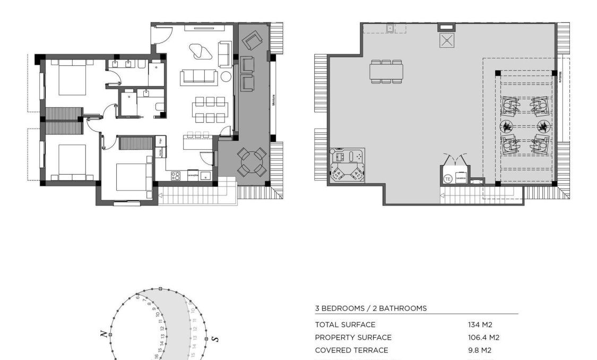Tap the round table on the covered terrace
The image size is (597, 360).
click(x=252, y=161)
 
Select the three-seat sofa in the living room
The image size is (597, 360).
click(x=199, y=76)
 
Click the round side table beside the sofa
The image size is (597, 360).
click(x=226, y=76)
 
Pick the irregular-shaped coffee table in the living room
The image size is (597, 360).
click(x=201, y=52)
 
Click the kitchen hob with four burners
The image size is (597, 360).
click(x=176, y=176)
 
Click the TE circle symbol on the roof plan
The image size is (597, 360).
click(x=447, y=178)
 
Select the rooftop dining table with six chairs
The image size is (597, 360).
click(x=386, y=70)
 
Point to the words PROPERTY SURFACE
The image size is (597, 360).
click(x=353, y=338)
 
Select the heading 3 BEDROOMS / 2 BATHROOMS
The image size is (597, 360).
click(x=370, y=308)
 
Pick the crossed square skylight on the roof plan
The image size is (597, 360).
click(x=446, y=40)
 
